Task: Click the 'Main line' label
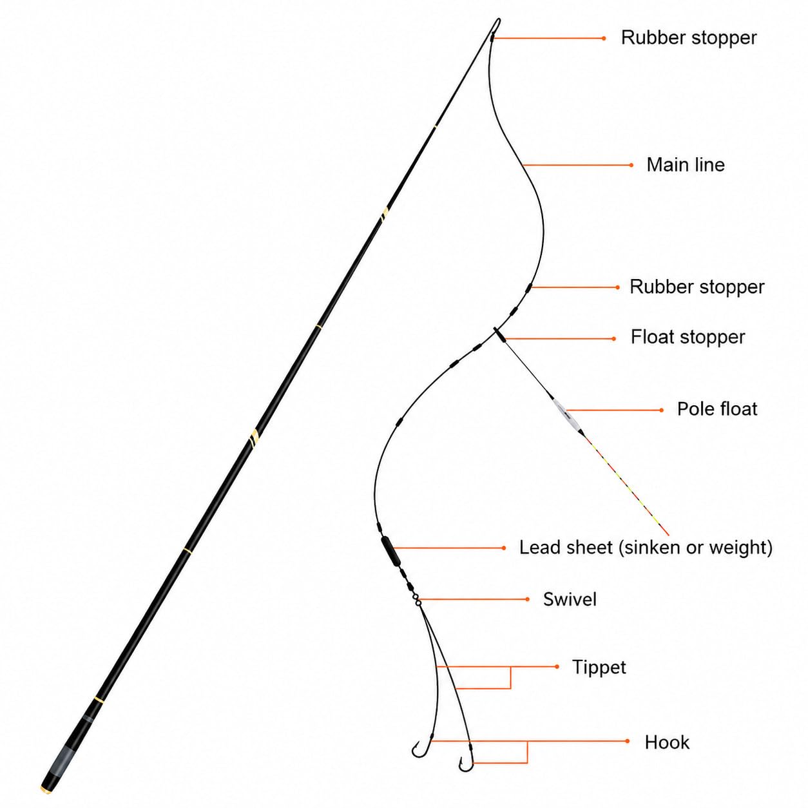[x=685, y=165]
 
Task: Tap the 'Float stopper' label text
[x=688, y=337]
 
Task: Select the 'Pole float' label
[x=717, y=409]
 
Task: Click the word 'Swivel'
[x=570, y=599]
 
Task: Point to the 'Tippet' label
[x=599, y=668]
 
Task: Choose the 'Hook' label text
[x=667, y=742]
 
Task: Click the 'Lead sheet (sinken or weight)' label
[x=646, y=548]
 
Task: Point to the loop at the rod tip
[x=497, y=24]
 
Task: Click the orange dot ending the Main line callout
[x=631, y=165]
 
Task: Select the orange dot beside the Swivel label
[x=528, y=599]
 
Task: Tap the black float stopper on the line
[x=499, y=336]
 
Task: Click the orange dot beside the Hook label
[x=628, y=742]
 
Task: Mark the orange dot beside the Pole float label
[x=662, y=410]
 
